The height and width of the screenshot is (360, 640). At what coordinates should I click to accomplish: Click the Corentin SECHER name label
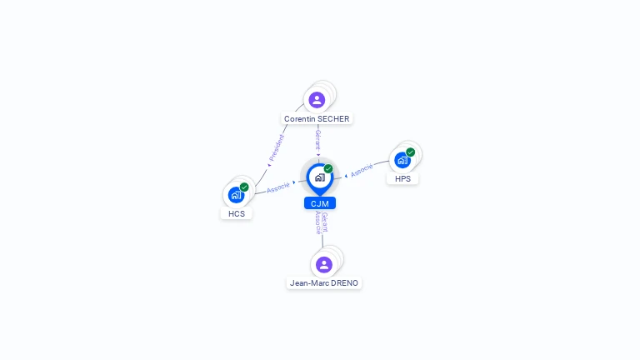(x=317, y=119)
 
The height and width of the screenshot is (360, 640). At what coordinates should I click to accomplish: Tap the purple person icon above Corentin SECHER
(x=317, y=100)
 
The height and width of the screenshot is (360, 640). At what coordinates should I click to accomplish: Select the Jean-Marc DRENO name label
(x=324, y=283)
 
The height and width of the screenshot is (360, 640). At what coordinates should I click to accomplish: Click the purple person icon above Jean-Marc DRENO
(x=324, y=264)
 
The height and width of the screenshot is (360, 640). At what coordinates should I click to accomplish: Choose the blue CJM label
(x=320, y=203)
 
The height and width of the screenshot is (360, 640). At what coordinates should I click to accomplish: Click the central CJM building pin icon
(x=319, y=177)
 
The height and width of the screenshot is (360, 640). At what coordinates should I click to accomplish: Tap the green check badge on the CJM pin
(x=328, y=169)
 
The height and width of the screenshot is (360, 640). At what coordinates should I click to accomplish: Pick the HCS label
(x=236, y=213)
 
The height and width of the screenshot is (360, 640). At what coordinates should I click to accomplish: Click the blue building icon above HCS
(x=236, y=195)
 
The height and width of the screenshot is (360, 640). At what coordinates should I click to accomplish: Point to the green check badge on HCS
(x=244, y=187)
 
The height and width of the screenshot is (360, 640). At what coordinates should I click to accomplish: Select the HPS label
(x=402, y=178)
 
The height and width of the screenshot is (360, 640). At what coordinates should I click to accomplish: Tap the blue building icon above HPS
(x=402, y=160)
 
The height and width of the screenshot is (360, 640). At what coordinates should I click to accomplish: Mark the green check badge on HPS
(x=411, y=152)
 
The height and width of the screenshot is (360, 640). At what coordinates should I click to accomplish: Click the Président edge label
(x=276, y=147)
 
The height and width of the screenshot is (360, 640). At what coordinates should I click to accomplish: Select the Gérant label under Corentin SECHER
(x=317, y=138)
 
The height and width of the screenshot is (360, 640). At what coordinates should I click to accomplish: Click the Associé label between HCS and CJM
(x=277, y=187)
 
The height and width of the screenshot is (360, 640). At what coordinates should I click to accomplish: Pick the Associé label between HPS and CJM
(x=362, y=170)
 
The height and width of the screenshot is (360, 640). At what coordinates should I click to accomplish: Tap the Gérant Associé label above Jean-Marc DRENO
(x=322, y=223)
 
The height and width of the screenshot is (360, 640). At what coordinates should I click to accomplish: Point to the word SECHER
(x=334, y=119)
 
